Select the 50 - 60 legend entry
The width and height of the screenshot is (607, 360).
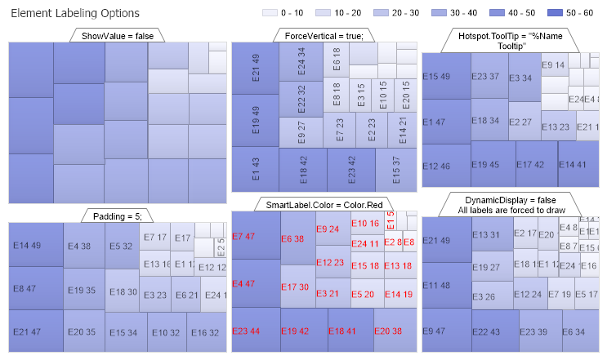point(576,14)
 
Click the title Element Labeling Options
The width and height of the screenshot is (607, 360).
point(74,14)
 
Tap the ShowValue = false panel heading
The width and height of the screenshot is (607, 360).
point(118,36)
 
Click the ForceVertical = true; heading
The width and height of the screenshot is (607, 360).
point(324,36)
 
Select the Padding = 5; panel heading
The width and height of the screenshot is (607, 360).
point(118,216)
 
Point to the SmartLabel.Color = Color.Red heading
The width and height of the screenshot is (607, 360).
point(324,204)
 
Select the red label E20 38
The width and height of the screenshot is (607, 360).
point(388,331)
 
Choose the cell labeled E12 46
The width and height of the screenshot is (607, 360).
point(436,167)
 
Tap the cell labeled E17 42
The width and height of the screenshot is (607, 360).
point(529,165)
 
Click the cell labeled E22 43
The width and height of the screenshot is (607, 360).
point(486,332)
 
